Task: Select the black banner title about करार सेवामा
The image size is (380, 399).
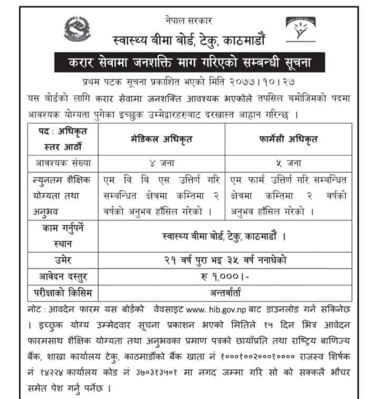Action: coord(189,63)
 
